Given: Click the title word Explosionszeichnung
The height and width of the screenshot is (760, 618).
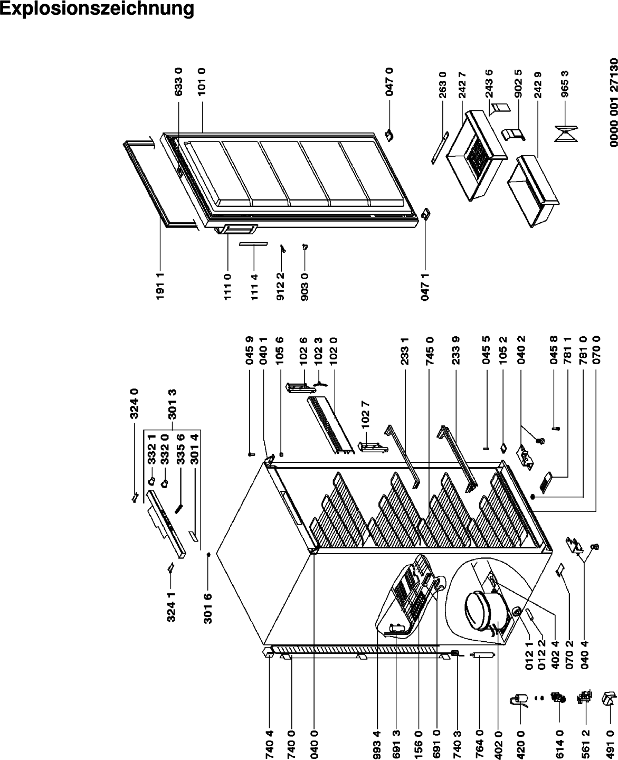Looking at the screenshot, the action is click(x=97, y=9).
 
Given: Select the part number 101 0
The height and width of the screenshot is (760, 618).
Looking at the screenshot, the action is click(x=202, y=81).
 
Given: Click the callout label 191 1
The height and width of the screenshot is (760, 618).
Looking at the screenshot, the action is click(x=160, y=286).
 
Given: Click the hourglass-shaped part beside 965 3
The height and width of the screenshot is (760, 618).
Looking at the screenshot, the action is click(x=566, y=134).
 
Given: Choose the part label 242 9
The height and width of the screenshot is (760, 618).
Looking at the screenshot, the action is click(x=538, y=84).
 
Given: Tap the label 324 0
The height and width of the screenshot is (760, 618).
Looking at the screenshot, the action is click(x=135, y=404).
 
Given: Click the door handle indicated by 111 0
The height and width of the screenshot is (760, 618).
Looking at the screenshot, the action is click(x=236, y=230).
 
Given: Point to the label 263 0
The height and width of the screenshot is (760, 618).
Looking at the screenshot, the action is click(x=442, y=84).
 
